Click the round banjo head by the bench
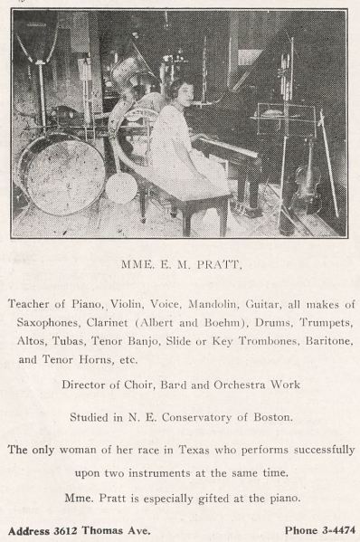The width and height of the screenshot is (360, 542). pos(121,186)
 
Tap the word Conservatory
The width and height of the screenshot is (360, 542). pos(189,417)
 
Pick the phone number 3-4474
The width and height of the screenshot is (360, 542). pos(327,530)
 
